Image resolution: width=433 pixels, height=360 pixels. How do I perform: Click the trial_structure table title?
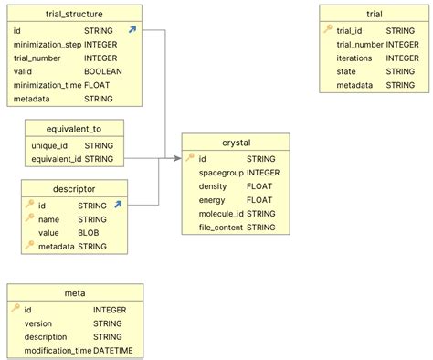73,14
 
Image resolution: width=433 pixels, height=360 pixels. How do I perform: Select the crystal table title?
236,143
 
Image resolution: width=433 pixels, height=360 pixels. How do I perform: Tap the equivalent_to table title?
73,129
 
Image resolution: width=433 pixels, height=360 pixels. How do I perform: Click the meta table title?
75,293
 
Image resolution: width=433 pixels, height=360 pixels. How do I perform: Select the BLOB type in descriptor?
90,232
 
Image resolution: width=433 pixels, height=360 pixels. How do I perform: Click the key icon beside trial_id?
328,29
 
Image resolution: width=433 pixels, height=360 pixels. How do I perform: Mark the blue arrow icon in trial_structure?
132,30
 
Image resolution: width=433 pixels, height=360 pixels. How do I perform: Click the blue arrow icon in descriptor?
118,206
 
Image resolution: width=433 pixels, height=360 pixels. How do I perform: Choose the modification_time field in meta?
57,351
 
